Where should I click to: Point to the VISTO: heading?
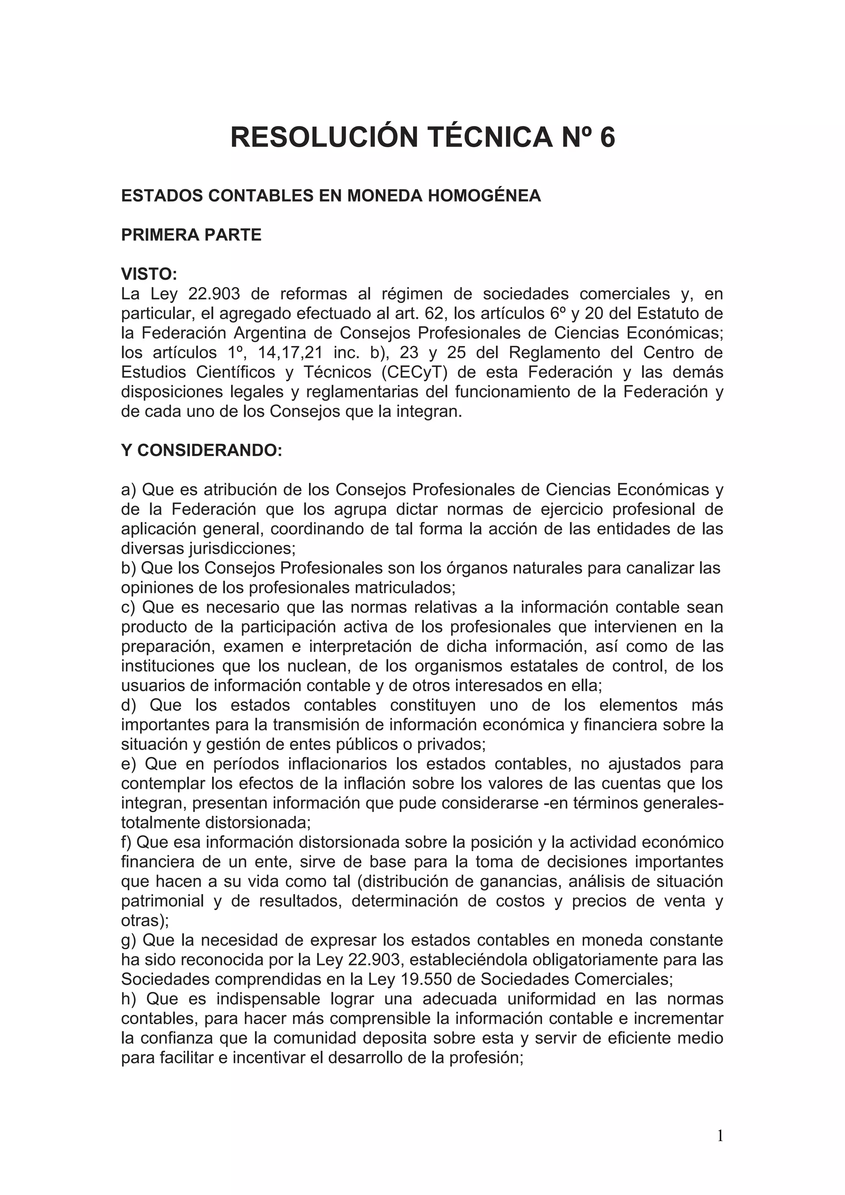149,274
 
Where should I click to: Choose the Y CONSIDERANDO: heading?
201,450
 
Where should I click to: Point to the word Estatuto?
670,314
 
